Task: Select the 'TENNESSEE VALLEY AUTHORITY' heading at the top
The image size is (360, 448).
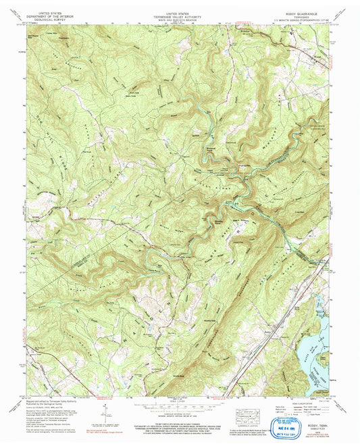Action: (x=180, y=16)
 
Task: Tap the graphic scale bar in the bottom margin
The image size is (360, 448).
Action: (x=180, y=409)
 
